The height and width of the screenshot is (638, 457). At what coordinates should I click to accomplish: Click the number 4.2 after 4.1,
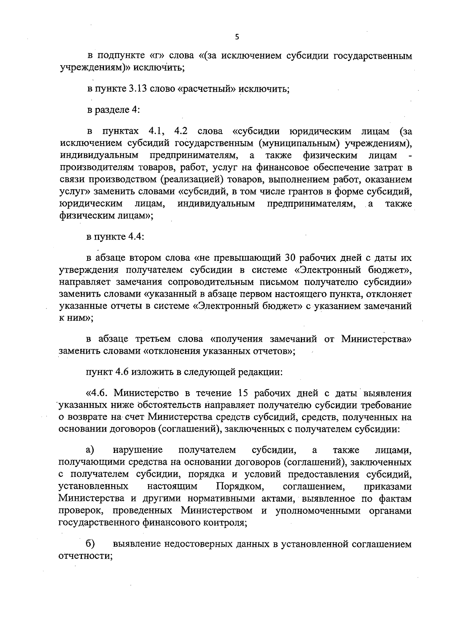coord(182,132)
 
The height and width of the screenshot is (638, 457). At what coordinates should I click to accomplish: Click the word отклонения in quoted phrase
coord(177,351)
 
